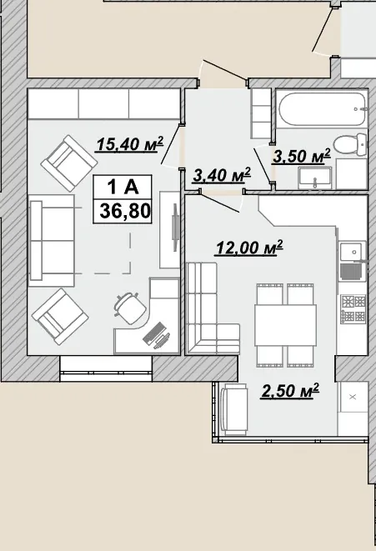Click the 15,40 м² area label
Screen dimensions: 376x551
130,143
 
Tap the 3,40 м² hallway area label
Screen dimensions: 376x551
222,175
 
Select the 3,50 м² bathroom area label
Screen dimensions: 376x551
302,156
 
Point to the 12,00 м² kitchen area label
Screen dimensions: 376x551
249,248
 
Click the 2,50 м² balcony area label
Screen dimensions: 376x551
289,391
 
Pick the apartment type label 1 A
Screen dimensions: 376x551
123,187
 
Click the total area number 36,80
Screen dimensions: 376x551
125,211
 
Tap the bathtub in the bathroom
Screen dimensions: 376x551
323,108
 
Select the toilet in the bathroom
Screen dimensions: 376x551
349,144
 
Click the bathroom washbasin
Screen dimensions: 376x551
315,177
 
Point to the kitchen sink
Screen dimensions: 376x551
353,251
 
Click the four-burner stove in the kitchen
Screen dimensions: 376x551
353,309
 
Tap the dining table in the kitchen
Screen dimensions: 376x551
285,325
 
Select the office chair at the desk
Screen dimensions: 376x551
130,307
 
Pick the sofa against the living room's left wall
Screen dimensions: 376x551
52,241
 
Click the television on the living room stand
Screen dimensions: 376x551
174,228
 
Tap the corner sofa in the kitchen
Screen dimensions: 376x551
211,308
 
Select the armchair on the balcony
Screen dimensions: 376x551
233,408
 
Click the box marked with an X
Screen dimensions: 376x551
353,397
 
